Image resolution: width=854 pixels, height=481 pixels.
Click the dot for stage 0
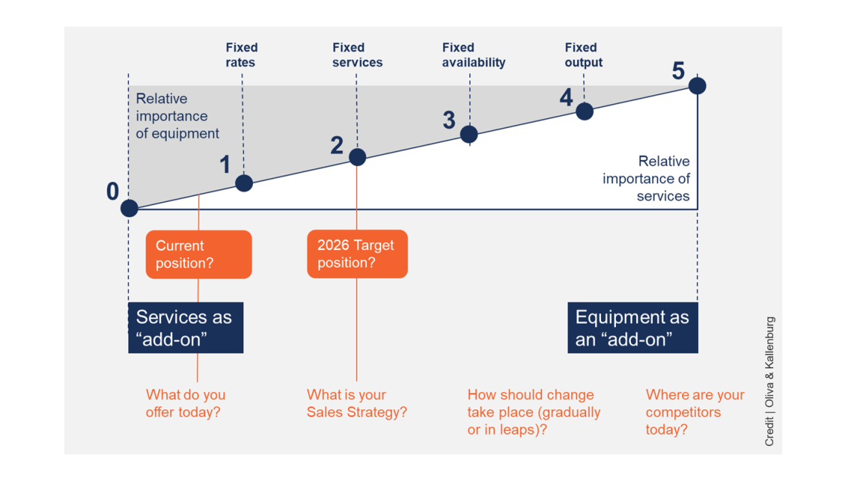pyautogui.click(x=129, y=208)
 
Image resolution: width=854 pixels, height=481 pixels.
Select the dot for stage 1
pyautogui.click(x=244, y=183)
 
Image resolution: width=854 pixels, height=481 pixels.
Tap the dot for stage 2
pyautogui.click(x=357, y=157)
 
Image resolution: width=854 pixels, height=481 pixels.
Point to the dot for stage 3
pyautogui.click(x=469, y=134)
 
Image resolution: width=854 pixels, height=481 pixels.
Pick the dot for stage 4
pyautogui.click(x=584, y=111)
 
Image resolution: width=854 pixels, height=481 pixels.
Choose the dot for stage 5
pyautogui.click(x=697, y=85)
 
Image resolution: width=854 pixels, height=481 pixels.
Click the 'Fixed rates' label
pyautogui.click(x=241, y=55)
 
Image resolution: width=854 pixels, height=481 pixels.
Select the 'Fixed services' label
pyautogui.click(x=357, y=55)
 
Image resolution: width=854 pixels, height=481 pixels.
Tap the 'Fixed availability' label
pyautogui.click(x=474, y=55)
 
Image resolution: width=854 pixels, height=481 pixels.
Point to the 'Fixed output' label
pyautogui.click(x=583, y=55)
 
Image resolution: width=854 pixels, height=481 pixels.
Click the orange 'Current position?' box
pyautogui.click(x=199, y=254)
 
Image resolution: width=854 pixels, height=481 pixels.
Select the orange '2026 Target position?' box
pyautogui.click(x=357, y=254)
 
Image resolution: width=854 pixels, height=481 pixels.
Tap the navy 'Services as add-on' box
pyautogui.click(x=186, y=328)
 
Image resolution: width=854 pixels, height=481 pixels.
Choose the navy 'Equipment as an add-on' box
pyautogui.click(x=632, y=328)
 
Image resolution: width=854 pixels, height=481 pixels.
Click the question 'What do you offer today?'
pyautogui.click(x=186, y=403)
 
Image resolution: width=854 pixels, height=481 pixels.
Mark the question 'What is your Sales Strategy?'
pyautogui.click(x=356, y=403)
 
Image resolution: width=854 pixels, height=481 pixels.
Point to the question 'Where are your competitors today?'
pyautogui.click(x=695, y=412)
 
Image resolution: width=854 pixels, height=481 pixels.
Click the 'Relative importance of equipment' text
pyautogui.click(x=177, y=116)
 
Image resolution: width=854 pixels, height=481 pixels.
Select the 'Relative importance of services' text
pyautogui.click(x=647, y=178)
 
